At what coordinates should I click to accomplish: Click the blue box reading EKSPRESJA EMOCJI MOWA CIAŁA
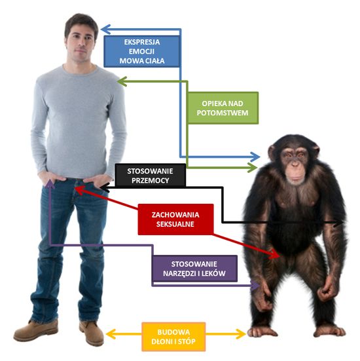[141, 51]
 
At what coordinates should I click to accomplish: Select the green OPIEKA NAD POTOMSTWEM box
[223, 108]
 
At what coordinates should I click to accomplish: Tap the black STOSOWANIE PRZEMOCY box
[150, 175]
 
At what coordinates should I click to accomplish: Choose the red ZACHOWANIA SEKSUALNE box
[175, 219]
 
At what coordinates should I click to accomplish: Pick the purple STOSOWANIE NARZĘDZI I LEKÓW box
[194, 269]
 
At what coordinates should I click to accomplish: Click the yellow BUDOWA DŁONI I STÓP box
[173, 337]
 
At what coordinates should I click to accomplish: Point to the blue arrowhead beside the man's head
[106, 29]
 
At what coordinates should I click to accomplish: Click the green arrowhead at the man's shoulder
[122, 81]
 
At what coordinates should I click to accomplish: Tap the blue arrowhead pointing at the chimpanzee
[255, 157]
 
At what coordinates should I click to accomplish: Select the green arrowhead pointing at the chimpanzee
[253, 167]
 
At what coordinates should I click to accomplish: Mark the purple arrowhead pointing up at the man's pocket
[50, 184]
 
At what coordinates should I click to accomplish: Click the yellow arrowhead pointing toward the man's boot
[111, 334]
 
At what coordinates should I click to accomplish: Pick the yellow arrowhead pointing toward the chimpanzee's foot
[241, 334]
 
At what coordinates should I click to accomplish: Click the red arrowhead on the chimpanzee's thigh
[275, 254]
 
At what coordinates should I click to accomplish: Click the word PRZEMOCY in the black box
[151, 180]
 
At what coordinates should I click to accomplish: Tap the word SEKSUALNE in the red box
[175, 224]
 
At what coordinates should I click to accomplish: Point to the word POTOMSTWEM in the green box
[223, 113]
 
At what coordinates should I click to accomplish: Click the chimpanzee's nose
[295, 164]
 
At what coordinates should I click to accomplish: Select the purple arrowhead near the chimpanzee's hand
[255, 286]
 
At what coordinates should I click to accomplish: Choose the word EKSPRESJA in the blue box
[142, 42]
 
